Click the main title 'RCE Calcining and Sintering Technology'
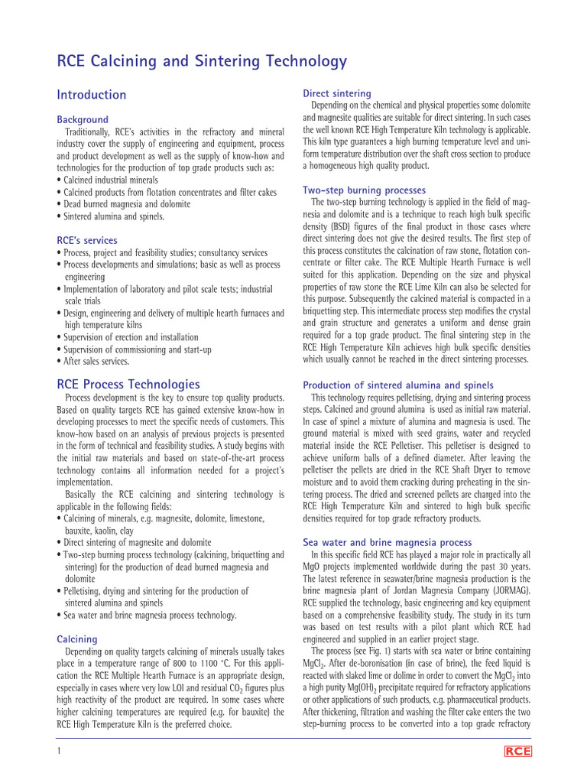202,61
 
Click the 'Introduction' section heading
92,95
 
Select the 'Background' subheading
83,119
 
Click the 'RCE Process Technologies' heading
128,384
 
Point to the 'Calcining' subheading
77,638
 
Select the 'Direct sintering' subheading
337,93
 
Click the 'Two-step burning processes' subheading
364,190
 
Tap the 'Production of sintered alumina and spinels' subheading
397,385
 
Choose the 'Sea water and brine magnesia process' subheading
387,542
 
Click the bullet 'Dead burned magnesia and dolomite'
126,204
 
